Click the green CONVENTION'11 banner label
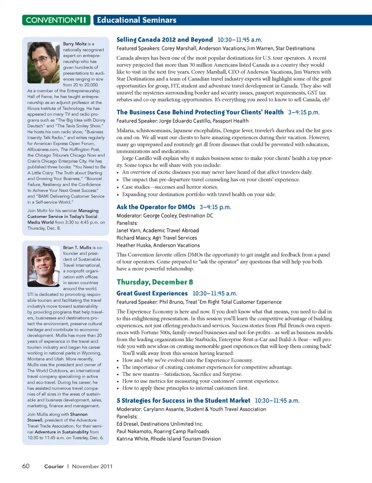pyautogui.click(x=56, y=20)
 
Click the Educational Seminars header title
pyautogui.click(x=136, y=20)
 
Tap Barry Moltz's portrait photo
pyautogui.click(x=43, y=62)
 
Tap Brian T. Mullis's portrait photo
pyautogui.click(x=43, y=266)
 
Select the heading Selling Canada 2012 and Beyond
pyautogui.click(x=164, y=40)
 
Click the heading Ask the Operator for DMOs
pyautogui.click(x=156, y=207)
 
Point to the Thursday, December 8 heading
pyautogui.click(x=155, y=282)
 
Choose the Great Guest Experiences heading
pyautogui.click(x=152, y=293)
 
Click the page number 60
pyautogui.click(x=26, y=466)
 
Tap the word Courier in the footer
pyautogui.click(x=54, y=466)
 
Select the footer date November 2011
pyautogui.click(x=92, y=466)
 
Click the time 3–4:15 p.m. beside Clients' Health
pyautogui.click(x=303, y=112)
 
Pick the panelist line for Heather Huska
pyautogui.click(x=158, y=245)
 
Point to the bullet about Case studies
pyautogui.click(x=170, y=187)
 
